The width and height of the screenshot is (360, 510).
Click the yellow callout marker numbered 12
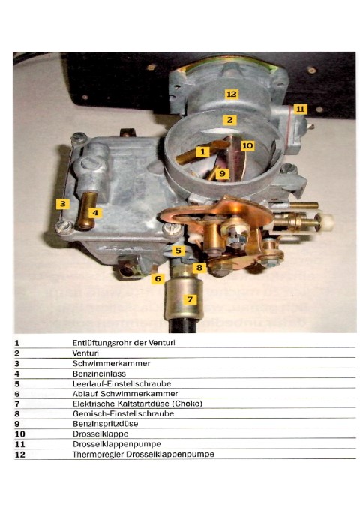(231, 94)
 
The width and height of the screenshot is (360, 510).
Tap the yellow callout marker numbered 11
(300, 109)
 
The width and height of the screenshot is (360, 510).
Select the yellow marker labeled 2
(229, 120)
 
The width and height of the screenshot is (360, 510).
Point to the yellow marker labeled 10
(247, 145)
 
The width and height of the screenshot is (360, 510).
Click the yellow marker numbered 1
(202, 151)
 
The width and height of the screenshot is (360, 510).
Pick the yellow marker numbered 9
(222, 173)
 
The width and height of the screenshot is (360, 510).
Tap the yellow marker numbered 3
(63, 204)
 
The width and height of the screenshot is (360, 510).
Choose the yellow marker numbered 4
(95, 213)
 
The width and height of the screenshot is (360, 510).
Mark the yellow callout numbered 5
(178, 250)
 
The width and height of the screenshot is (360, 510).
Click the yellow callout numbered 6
(157, 278)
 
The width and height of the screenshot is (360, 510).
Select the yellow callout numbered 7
(190, 299)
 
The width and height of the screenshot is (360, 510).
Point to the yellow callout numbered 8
(199, 267)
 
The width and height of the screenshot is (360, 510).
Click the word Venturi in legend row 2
(85, 353)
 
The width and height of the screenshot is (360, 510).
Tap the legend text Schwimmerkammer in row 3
(111, 363)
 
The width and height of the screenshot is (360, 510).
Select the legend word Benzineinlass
(99, 373)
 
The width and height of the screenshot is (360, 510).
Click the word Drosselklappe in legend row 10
(100, 433)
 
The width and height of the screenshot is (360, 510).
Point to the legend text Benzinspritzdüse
(105, 424)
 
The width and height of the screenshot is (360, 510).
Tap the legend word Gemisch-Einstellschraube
(123, 413)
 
